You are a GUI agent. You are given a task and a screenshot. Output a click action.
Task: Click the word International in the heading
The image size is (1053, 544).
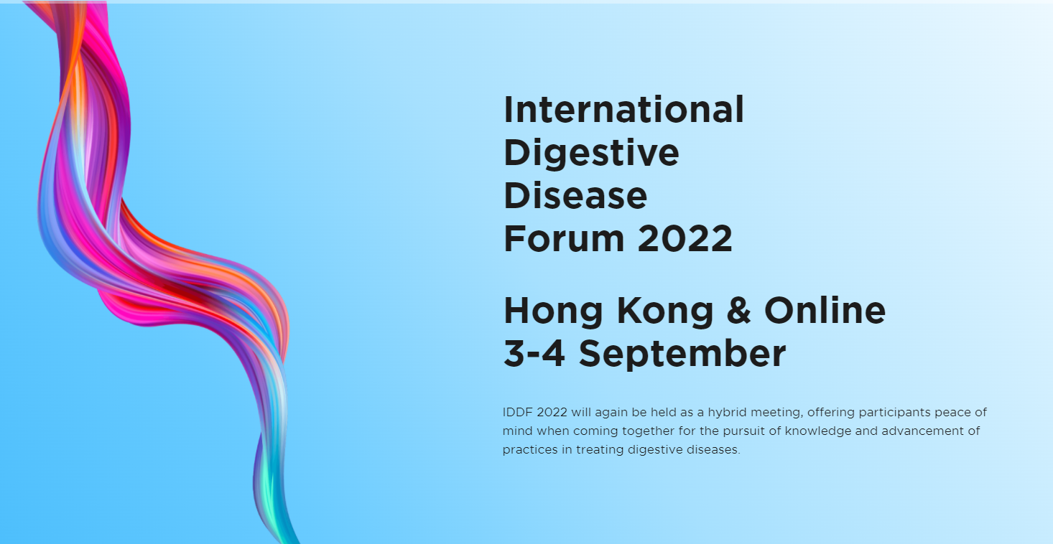pos(623,110)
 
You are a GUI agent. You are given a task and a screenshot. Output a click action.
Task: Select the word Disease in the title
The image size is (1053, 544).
pos(575,195)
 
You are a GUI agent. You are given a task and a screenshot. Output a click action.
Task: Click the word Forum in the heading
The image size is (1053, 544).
pos(564,238)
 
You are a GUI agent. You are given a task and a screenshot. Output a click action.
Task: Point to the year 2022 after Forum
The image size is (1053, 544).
pos(685,238)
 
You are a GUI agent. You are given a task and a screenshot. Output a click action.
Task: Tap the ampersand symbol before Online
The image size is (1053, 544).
pos(738,310)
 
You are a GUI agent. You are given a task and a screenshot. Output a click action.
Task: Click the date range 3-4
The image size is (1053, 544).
pos(534,353)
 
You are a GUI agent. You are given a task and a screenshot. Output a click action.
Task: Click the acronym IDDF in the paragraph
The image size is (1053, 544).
pos(518,412)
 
